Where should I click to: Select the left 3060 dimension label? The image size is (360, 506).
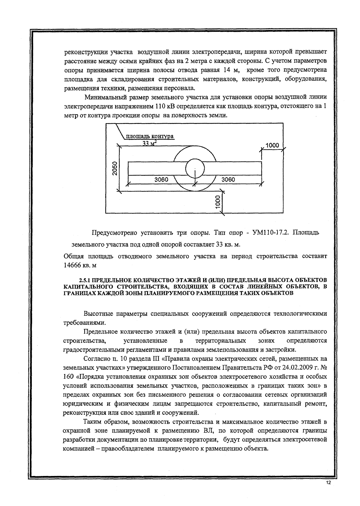point(161,179)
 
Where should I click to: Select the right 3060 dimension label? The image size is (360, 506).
point(228,179)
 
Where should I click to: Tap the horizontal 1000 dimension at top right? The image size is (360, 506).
point(272,146)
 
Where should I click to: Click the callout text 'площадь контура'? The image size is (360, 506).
point(149,136)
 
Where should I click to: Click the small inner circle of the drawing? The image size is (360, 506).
point(195,168)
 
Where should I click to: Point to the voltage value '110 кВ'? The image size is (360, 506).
point(165,106)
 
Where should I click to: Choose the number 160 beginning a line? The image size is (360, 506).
point(70,376)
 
